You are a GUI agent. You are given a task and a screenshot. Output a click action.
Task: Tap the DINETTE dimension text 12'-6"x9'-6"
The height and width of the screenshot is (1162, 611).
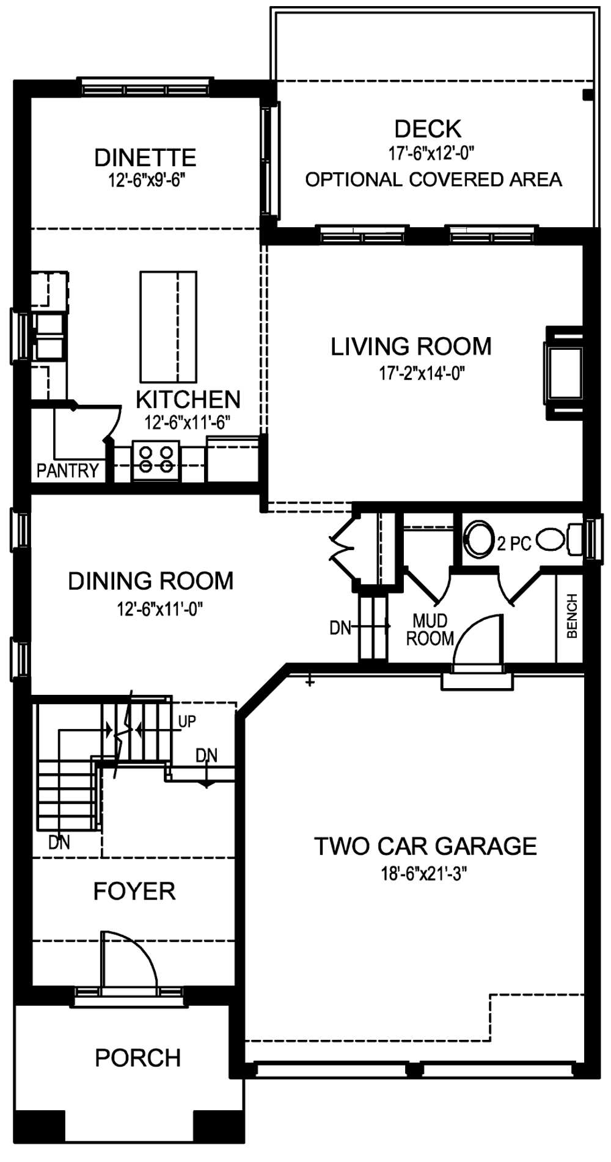point(145,181)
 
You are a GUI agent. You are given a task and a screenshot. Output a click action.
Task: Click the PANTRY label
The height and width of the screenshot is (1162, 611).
point(67,470)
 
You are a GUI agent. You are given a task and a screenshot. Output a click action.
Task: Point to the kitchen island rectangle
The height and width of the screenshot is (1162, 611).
point(169,327)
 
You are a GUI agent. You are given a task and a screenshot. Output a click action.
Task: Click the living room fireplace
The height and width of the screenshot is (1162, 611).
point(564,373)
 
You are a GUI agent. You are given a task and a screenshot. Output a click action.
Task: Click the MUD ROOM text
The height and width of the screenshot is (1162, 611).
point(430,630)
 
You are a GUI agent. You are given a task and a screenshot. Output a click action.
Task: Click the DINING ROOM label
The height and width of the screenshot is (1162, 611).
point(151,581)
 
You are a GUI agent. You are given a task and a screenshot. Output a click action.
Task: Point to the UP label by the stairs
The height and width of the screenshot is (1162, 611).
point(187,722)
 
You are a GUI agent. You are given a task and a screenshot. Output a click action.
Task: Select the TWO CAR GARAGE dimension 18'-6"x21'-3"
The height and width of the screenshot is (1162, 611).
point(425,874)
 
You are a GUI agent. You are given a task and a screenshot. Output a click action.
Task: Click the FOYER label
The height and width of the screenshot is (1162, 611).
point(134,891)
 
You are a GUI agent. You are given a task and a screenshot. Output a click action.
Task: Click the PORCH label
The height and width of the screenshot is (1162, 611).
point(138,1058)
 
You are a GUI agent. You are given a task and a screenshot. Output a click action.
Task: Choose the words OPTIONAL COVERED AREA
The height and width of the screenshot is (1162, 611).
point(434,180)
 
